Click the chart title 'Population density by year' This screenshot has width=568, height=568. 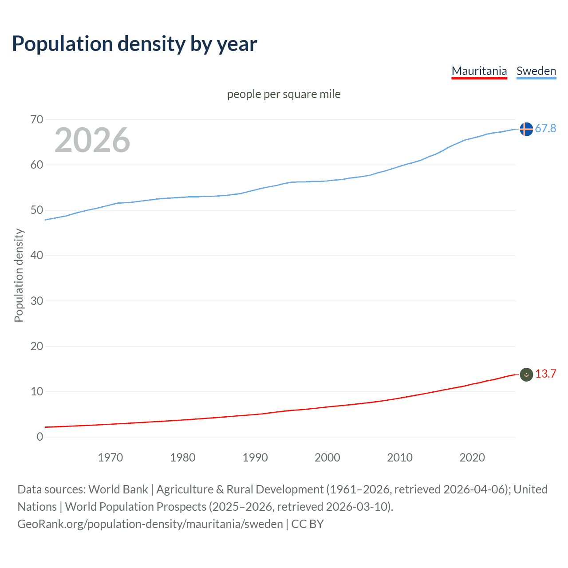click(134, 44)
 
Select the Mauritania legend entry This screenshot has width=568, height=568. click(479, 71)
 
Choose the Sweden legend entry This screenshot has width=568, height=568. click(536, 71)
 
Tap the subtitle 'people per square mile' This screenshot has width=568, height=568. click(284, 94)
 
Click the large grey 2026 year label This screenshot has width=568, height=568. click(92, 140)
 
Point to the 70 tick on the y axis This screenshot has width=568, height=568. click(37, 119)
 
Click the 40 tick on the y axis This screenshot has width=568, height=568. click(37, 256)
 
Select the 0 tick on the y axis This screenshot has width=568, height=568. click(40, 437)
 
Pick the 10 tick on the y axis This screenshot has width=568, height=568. click(37, 391)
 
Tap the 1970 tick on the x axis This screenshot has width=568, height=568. click(110, 458)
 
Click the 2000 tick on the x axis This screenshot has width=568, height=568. click(327, 458)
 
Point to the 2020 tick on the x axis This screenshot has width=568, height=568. click(472, 458)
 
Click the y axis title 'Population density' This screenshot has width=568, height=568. click(19, 275)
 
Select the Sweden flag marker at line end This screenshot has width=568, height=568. click(526, 129)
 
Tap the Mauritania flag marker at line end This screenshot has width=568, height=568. click(526, 375)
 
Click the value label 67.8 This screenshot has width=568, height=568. click(545, 129)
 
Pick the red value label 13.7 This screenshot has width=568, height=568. click(545, 374)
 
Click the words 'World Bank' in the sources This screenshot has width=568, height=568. click(118, 489)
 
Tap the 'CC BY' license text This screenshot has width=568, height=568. click(308, 524)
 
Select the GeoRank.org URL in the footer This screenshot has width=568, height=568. click(150, 524)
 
